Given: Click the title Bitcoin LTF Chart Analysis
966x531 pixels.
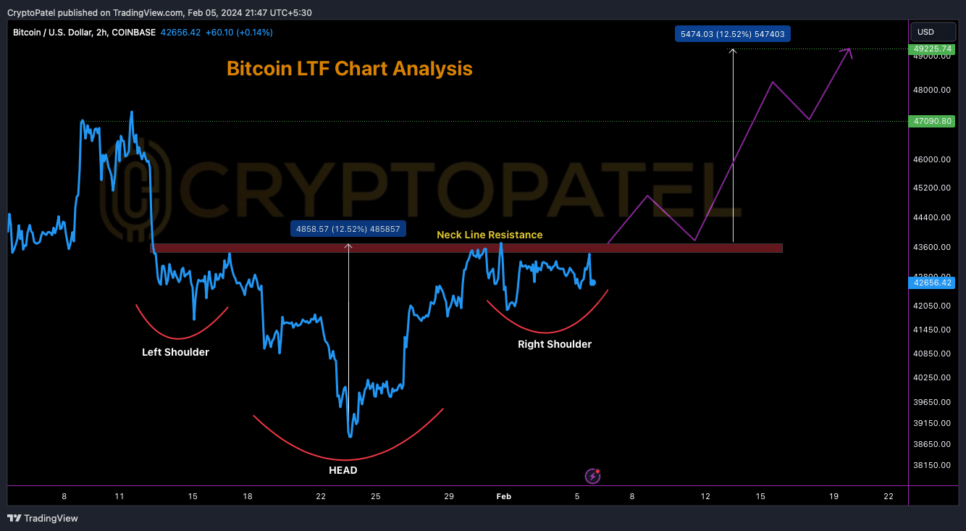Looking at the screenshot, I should [349, 69].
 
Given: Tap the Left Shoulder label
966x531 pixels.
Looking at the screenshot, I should [175, 352].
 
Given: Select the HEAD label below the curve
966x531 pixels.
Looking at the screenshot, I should [343, 470].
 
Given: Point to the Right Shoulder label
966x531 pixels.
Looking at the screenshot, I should [555, 344].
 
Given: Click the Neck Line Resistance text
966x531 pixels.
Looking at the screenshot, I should [490, 235].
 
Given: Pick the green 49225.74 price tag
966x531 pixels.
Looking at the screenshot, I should [934, 48].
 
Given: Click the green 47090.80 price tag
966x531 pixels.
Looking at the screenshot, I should [934, 121].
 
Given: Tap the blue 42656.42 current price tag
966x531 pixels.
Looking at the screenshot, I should [934, 283].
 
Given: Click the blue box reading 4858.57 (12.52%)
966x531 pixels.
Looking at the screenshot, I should [348, 229].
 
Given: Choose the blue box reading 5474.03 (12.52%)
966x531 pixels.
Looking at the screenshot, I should [733, 33].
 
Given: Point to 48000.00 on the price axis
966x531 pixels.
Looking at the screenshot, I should [933, 90].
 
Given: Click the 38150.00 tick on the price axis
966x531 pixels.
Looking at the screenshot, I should [933, 465].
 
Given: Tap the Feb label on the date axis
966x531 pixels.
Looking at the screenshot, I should [503, 496].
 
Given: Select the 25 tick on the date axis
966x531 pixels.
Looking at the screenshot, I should [376, 496].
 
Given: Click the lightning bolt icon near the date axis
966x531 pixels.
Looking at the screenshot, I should [593, 476].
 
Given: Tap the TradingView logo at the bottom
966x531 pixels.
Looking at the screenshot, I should [43, 518].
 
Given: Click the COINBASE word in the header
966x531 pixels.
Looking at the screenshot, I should [133, 33].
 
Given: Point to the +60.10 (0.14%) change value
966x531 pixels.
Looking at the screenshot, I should [239, 33].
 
